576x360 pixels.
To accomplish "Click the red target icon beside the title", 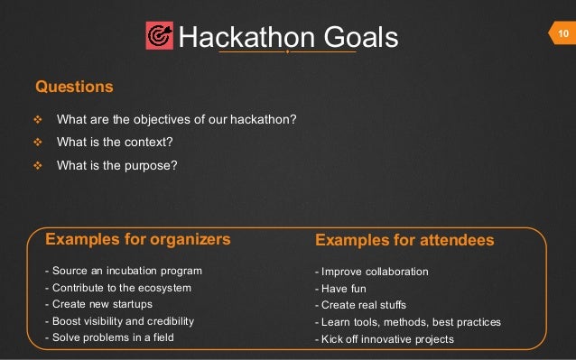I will pyautogui.click(x=159, y=37).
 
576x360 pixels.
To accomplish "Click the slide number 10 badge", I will pyautogui.click(x=562, y=34).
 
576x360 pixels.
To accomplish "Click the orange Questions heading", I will pyautogui.click(x=74, y=87).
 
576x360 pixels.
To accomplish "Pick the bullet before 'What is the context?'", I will pyautogui.click(x=38, y=143).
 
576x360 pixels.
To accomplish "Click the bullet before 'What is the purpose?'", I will pyautogui.click(x=38, y=166).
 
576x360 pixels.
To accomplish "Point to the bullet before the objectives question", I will pyautogui.click(x=38, y=120).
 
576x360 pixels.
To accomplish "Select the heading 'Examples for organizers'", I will pyautogui.click(x=137, y=240).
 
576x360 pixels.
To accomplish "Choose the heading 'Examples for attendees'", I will pyautogui.click(x=404, y=241).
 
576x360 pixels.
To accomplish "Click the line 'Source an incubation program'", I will pyautogui.click(x=123, y=271).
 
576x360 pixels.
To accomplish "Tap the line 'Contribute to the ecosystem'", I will pyautogui.click(x=117, y=288).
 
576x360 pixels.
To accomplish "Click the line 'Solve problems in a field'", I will pyautogui.click(x=108, y=337).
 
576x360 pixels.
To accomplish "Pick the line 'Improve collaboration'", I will pyautogui.click(x=371, y=272).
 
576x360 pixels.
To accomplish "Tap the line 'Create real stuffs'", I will pyautogui.click(x=360, y=305).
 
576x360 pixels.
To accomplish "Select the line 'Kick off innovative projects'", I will pyautogui.click(x=384, y=339).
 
